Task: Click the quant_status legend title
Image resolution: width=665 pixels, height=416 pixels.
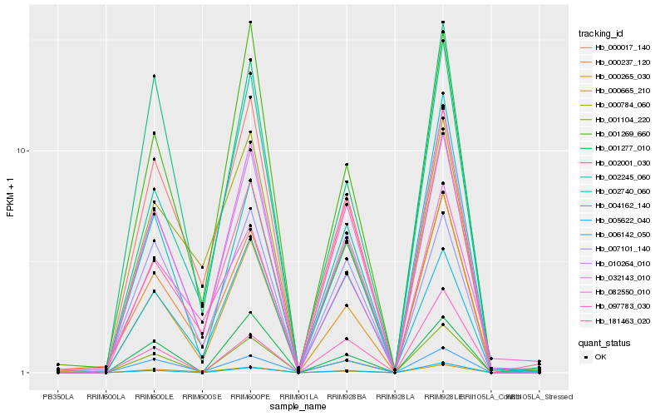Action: tap(604, 342)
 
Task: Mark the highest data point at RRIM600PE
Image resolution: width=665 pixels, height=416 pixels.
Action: tap(250, 22)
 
